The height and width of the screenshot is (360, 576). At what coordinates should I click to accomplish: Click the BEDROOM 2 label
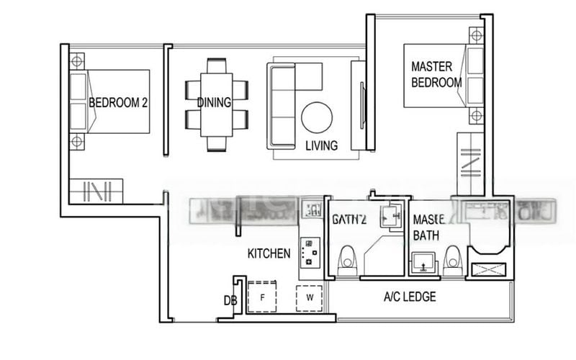pyautogui.click(x=118, y=103)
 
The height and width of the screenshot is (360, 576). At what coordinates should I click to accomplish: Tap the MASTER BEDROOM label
pyautogui.click(x=436, y=74)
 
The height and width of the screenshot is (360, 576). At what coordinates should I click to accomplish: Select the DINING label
pyautogui.click(x=214, y=103)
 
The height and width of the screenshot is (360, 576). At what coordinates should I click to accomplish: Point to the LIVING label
pyautogui.click(x=321, y=145)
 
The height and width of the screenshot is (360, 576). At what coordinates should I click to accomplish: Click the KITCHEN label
pyautogui.click(x=269, y=253)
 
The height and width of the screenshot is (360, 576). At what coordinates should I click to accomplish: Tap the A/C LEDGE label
pyautogui.click(x=410, y=297)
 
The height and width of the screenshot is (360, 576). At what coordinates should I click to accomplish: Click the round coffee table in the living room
pyautogui.click(x=317, y=117)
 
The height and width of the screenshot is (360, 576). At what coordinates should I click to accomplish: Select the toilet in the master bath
pyautogui.click(x=452, y=259)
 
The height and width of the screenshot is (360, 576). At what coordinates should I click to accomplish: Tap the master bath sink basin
pyautogui.click(x=425, y=263)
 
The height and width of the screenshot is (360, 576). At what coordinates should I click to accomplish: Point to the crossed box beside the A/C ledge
pyautogui.click(x=488, y=271)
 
